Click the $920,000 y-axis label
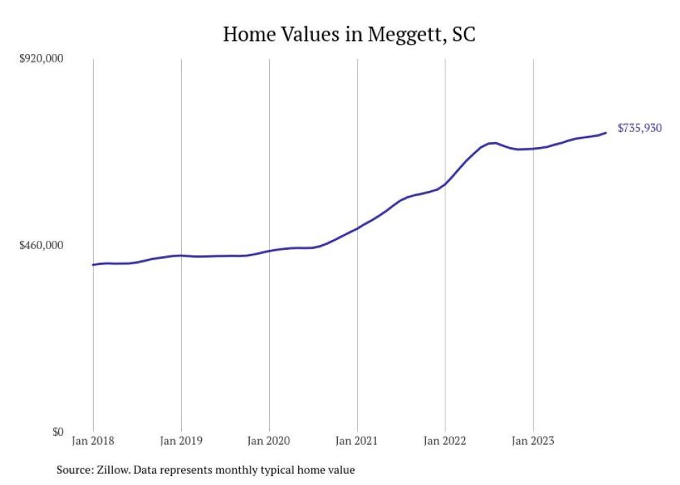point(40,59)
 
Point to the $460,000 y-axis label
point(40,246)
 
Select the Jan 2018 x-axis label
point(93,441)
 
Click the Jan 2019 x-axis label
point(181,441)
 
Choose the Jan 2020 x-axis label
point(269,441)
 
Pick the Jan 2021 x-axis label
point(357,441)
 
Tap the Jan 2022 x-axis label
point(445,441)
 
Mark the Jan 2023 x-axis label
point(533,441)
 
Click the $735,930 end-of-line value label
point(639,128)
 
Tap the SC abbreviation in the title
point(463,34)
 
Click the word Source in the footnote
point(74,470)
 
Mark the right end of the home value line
point(606,133)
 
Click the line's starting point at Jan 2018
point(93,265)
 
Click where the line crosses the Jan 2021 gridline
point(357,228)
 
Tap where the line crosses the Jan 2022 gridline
point(445,184)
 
